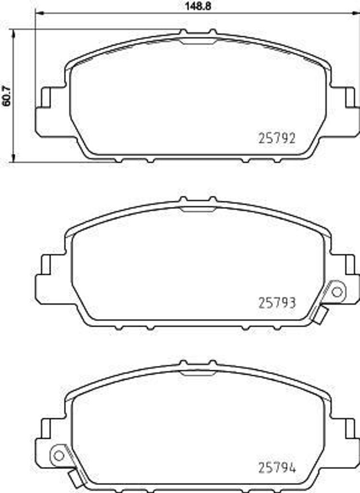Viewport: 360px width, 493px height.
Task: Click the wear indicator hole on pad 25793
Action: pos(337,291)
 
